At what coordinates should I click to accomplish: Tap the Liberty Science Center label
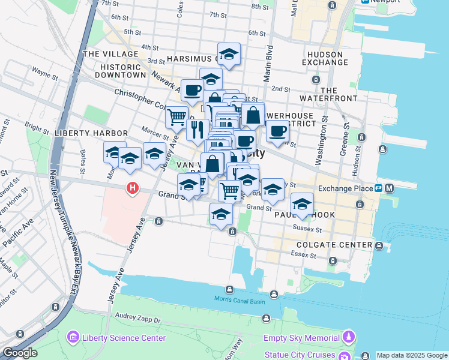click(124, 338)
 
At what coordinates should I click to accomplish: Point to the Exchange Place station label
click(346, 188)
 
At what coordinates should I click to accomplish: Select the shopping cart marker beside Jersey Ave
click(176, 118)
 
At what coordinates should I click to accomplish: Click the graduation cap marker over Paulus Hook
click(303, 203)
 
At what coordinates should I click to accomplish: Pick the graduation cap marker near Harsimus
click(229, 54)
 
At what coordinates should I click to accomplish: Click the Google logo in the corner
click(20, 353)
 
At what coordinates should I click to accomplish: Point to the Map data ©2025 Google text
click(412, 355)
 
